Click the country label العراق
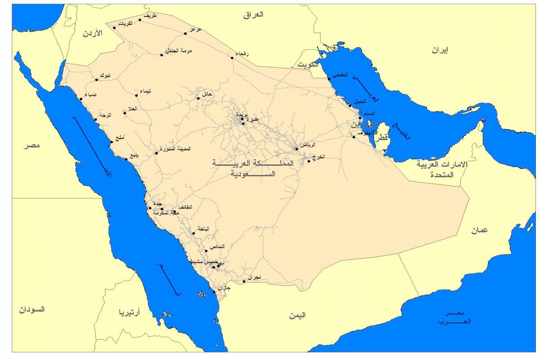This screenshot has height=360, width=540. coord(253,15)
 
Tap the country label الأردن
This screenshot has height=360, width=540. coord(93,33)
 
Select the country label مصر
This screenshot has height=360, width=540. coord(32,145)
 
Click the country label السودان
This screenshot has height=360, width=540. coord(31,310)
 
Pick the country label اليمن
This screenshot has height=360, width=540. coord(297,315)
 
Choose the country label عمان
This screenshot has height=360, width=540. coord(480,230)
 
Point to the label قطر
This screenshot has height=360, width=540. coord(381,139)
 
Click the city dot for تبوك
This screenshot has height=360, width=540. coord(96,80)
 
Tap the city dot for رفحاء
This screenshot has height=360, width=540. coord(232,58)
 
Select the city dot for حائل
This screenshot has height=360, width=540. coord(198,98)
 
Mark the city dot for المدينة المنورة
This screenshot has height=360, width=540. coord(156,153)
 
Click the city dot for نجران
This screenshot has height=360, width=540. coord(244,282)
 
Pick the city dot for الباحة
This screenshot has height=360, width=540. coord(194,233)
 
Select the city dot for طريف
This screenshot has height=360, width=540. coord(139,19)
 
